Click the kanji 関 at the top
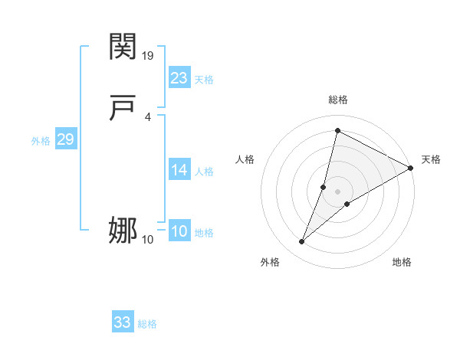123,47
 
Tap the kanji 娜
123,230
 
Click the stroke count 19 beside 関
149,56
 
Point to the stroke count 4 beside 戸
147,116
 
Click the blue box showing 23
179,77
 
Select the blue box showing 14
179,170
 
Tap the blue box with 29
65,139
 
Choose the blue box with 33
123,322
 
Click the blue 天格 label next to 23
204,80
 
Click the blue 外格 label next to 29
41,142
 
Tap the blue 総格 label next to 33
147,325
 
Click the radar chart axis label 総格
337,100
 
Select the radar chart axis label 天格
431,159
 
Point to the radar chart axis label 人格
245,159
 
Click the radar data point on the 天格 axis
411,168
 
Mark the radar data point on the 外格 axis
301,242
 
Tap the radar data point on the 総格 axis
337,130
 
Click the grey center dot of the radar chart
337,191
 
